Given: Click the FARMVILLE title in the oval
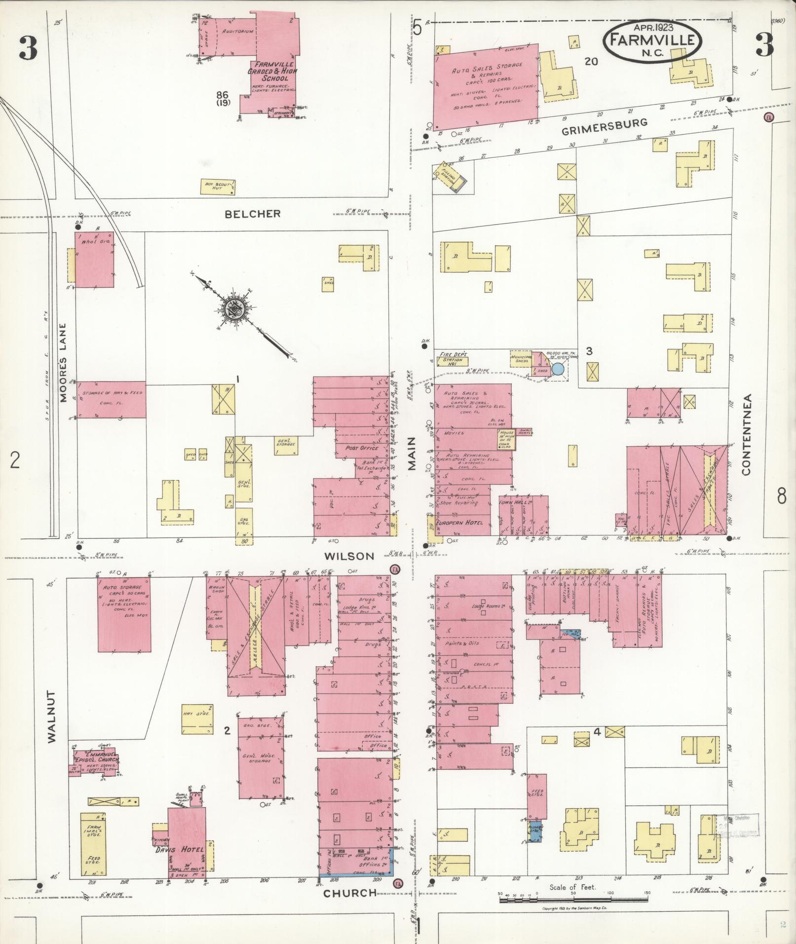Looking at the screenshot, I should [651, 40].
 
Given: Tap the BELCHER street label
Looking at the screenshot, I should [253, 214].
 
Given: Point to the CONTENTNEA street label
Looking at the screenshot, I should [746, 434].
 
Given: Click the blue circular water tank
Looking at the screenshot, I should [558, 368].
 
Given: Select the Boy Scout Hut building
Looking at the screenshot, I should [217, 187].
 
